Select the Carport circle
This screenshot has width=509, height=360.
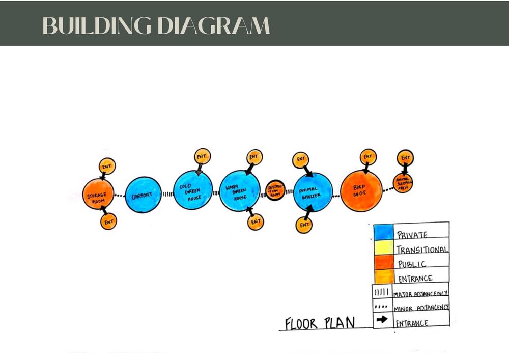click(x=143, y=195)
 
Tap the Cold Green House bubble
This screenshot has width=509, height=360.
click(x=192, y=190)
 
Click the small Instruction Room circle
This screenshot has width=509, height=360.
click(x=274, y=190)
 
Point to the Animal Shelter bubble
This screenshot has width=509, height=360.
click(x=313, y=192)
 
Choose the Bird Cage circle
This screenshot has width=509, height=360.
click(x=360, y=190)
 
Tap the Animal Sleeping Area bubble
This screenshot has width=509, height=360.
click(x=403, y=183)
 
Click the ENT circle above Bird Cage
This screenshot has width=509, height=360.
click(x=367, y=157)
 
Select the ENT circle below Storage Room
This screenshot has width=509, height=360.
click(x=108, y=222)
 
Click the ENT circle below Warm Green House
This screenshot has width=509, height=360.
click(x=256, y=222)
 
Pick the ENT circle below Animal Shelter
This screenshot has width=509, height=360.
click(x=304, y=225)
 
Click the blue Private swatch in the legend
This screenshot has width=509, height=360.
click(x=383, y=232)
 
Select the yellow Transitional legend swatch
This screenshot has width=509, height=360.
click(x=383, y=247)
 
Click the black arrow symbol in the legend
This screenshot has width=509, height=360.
click(x=381, y=321)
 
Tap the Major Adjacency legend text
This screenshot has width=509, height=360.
click(x=420, y=293)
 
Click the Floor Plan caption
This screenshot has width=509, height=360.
click(x=320, y=323)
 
